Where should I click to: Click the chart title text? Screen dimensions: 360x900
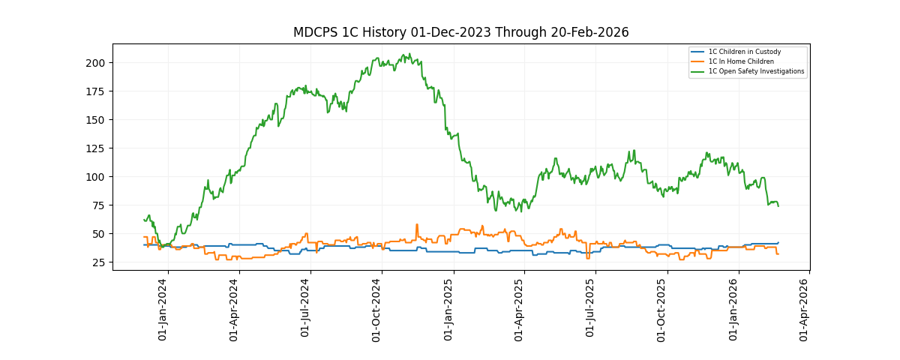tap(460, 32)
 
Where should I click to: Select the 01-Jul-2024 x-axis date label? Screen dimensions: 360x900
tap(305, 310)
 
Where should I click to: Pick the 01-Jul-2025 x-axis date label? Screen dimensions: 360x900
tap(591, 310)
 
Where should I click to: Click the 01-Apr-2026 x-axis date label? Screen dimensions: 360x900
tap(805, 310)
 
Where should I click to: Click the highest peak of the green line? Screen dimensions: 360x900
tap(409, 54)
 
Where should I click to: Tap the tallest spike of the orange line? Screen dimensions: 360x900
tap(417, 224)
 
